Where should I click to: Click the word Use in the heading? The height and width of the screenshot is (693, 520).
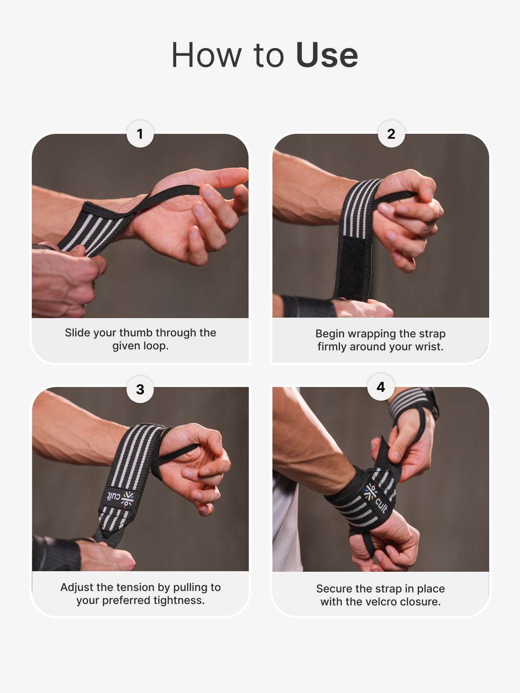(327, 55)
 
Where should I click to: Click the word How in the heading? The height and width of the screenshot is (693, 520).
(207, 55)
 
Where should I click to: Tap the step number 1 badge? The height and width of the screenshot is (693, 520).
(140, 134)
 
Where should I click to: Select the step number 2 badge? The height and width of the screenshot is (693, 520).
(391, 134)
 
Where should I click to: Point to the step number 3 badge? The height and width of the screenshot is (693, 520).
(140, 389)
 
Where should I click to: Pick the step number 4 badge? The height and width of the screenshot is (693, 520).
(381, 387)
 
